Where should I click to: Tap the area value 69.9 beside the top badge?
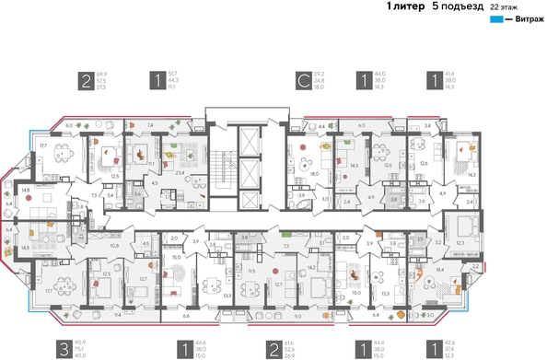[102, 74]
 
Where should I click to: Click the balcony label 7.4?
[150, 122]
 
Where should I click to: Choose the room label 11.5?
[250, 271]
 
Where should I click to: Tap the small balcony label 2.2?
[475, 264]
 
